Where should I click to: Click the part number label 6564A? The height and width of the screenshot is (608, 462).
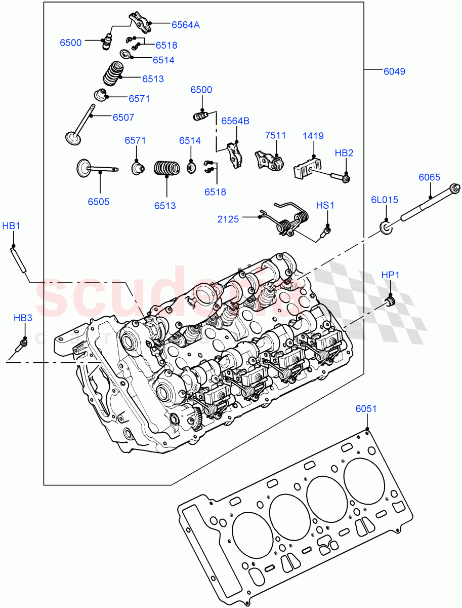tap(185, 24)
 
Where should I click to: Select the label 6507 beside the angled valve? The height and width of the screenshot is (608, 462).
tap(123, 118)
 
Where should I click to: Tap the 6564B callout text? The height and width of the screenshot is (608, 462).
tap(235, 121)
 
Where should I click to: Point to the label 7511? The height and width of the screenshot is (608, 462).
tap(276, 136)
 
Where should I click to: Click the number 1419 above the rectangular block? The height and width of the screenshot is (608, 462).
tap(313, 136)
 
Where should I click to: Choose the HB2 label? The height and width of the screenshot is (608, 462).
tap(344, 153)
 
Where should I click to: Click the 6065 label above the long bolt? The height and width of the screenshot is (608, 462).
tap(429, 177)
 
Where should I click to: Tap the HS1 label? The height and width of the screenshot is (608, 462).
tap(325, 205)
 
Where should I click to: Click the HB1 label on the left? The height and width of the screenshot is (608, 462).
tap(11, 226)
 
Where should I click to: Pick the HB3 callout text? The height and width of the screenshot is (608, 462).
tap(23, 318)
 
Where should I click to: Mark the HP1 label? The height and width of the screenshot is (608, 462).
tap(390, 275)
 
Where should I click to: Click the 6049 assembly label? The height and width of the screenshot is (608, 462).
tap(394, 71)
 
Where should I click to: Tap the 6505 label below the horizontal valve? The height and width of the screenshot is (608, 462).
tap(98, 202)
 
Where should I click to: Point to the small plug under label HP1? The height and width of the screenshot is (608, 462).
tap(390, 302)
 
